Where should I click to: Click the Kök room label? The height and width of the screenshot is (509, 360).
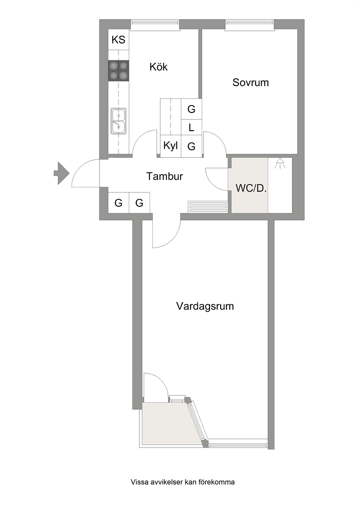(159, 67)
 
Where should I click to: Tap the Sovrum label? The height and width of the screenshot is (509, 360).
(250, 82)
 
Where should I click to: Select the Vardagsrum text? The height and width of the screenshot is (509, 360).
(205, 306)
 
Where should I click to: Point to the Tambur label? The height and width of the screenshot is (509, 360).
(164, 176)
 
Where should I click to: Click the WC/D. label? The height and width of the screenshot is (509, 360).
(251, 188)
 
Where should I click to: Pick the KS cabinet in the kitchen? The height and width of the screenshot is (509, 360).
(118, 40)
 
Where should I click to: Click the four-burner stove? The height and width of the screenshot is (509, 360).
(118, 70)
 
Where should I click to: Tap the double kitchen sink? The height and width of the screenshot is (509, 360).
(118, 121)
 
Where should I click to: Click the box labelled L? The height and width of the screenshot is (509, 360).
(191, 127)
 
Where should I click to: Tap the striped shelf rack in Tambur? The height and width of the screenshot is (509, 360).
(208, 207)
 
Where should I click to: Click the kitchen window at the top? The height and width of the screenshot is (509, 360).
(155, 24)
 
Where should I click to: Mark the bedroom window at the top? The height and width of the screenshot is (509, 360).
(250, 24)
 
